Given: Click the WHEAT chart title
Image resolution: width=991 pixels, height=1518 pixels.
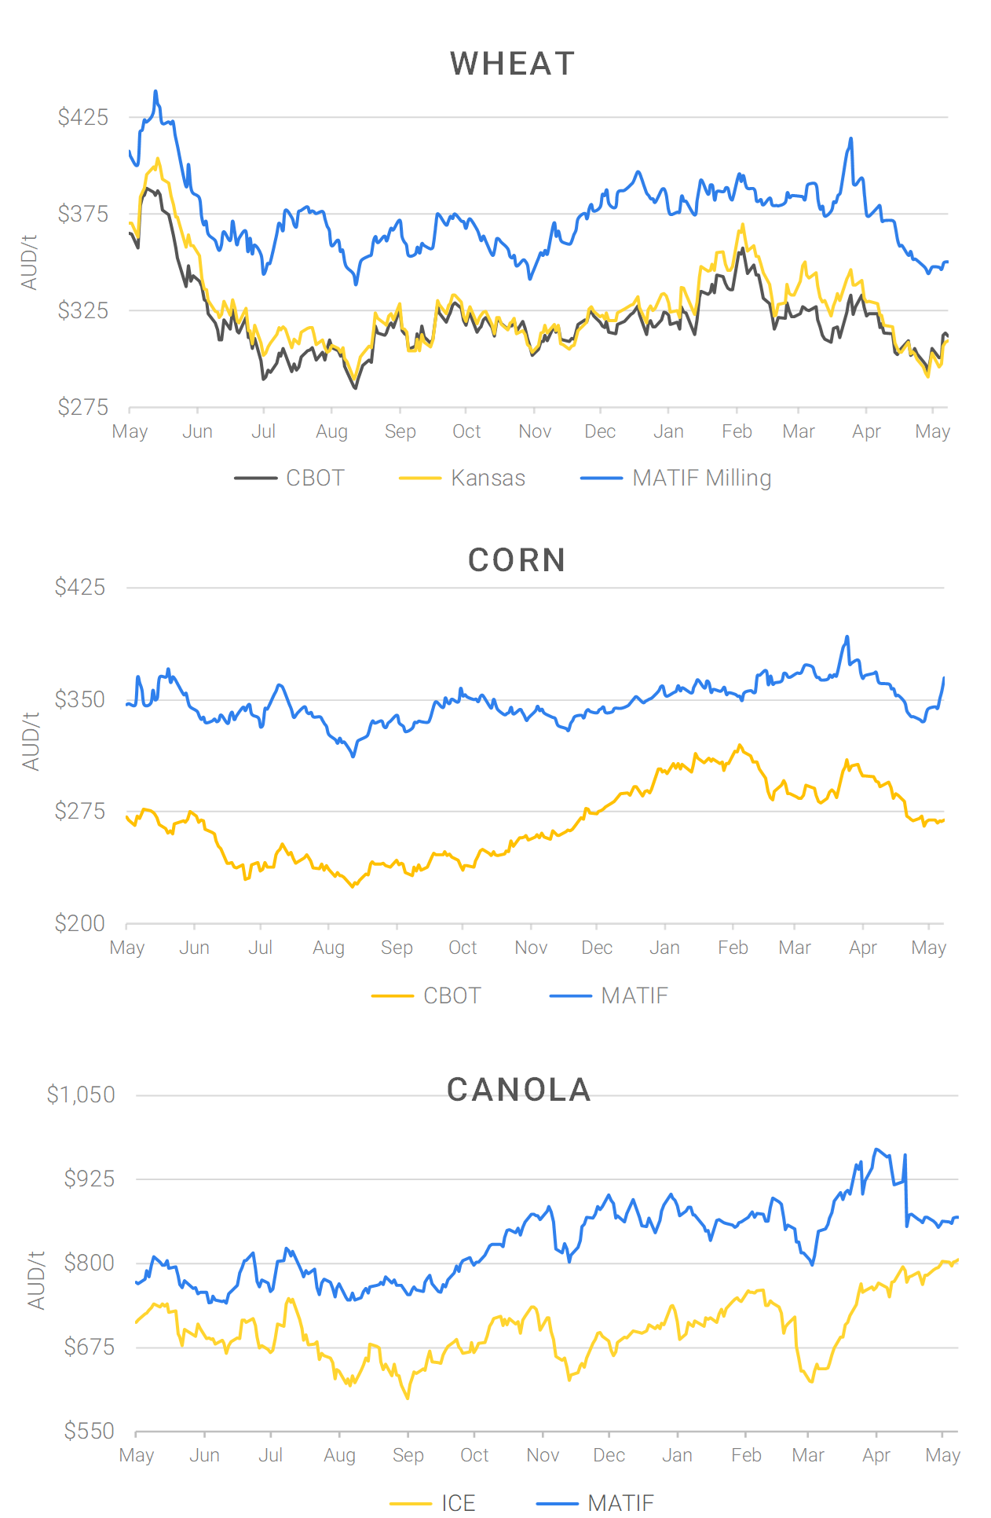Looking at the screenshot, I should click(512, 64).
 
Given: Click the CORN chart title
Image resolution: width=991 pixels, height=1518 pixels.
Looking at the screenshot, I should click(517, 561).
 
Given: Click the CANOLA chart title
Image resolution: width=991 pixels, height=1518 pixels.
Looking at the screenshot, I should click(519, 1090).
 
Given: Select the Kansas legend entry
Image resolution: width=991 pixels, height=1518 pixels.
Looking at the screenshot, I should click(487, 478).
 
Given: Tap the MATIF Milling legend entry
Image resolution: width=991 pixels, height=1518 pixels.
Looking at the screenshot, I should click(701, 478).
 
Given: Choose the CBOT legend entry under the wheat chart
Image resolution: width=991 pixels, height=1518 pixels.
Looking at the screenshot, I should click(314, 478).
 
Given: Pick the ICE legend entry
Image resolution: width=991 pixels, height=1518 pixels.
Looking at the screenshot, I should click(458, 1503).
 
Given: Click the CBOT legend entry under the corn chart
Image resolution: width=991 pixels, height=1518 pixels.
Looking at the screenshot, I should click(452, 995).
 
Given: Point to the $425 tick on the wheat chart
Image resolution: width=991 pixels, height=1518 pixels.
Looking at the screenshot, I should click(83, 118).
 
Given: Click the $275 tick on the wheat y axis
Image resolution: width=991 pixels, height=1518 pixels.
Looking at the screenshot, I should click(83, 407).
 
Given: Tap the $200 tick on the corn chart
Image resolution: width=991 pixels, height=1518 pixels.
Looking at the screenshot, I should click(80, 923).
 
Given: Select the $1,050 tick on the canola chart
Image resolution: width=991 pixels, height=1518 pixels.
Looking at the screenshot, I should click(81, 1094).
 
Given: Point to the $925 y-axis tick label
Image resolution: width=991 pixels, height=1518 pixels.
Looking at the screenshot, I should click(90, 1179).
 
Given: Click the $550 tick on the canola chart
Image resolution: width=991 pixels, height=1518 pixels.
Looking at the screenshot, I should click(90, 1431).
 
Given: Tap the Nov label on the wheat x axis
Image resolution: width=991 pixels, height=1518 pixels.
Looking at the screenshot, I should click(535, 431).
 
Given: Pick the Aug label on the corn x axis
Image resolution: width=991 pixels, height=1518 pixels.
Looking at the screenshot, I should click(328, 948).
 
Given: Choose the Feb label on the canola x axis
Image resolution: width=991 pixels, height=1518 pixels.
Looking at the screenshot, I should click(746, 1455).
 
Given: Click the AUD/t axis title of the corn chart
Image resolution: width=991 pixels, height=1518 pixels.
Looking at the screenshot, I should click(31, 742).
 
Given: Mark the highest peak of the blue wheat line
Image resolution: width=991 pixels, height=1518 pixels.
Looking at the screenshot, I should click(155, 92).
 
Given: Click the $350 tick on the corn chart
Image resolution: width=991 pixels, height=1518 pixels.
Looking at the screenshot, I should click(80, 699).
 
